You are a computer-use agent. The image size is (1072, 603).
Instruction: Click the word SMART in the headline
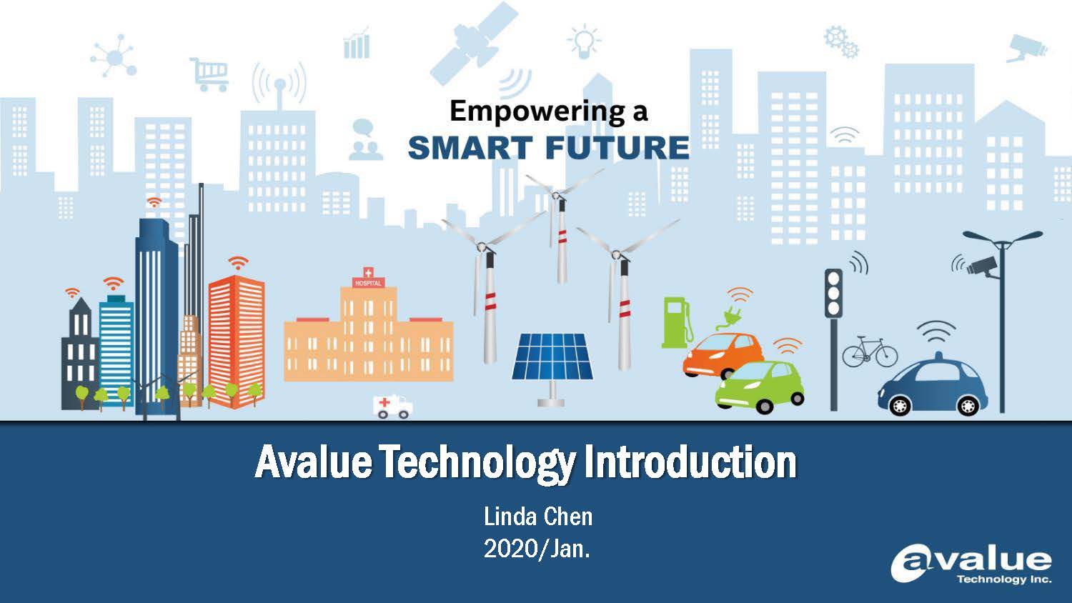(470, 147)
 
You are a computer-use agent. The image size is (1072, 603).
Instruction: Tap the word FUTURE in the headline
(617, 147)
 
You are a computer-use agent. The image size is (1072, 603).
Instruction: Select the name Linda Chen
(538, 517)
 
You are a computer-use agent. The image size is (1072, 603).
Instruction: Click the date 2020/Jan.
(537, 549)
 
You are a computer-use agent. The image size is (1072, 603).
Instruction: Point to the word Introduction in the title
(690, 462)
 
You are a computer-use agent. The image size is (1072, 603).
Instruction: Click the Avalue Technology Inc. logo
(971, 566)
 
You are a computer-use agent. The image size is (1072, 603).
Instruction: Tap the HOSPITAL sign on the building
(368, 283)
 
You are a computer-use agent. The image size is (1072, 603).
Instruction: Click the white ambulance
(392, 407)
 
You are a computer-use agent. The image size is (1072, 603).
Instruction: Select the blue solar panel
(552, 357)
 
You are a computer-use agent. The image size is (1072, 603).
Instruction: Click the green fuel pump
(677, 322)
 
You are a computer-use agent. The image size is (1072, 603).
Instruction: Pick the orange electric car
(722, 355)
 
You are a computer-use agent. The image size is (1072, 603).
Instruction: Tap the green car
(760, 387)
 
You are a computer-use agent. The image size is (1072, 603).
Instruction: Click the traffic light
(833, 293)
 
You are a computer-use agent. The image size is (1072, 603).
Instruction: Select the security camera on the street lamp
(982, 266)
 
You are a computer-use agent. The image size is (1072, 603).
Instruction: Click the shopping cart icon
(209, 74)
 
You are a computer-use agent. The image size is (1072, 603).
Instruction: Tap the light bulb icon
(583, 41)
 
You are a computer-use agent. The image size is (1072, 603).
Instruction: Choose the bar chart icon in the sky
(357, 44)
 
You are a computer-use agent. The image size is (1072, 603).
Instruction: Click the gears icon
(842, 43)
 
